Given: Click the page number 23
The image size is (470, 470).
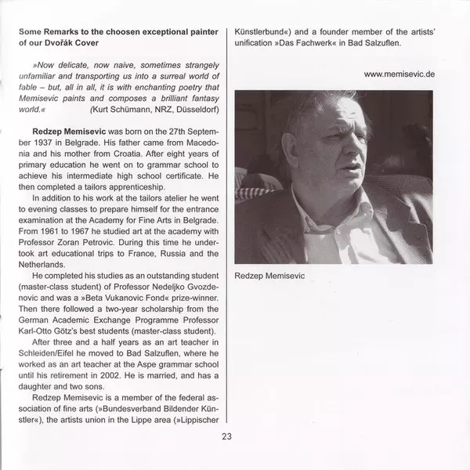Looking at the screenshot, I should click(x=226, y=436).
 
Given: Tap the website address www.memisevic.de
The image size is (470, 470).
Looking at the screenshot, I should click(x=399, y=73).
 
